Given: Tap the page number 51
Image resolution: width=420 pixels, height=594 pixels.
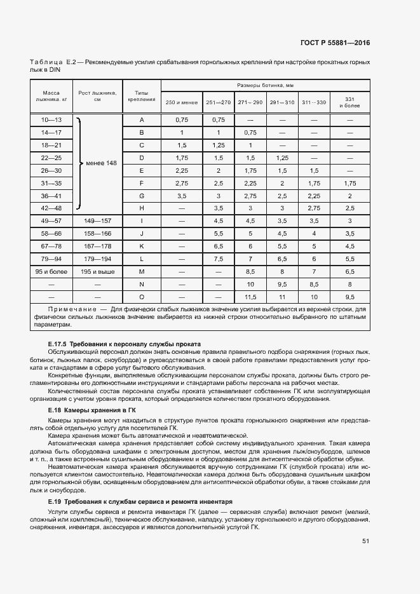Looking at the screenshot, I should (x=365, y=541).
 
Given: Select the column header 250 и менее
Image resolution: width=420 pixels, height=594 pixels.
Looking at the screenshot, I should (x=182, y=102).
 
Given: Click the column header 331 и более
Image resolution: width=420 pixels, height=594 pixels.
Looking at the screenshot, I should (x=349, y=102).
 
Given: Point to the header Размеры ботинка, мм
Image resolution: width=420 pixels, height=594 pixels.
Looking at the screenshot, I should (x=265, y=85).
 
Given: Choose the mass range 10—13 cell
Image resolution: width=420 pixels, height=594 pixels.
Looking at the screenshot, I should (x=51, y=120).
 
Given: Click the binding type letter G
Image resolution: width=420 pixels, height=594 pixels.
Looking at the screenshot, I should (x=142, y=196).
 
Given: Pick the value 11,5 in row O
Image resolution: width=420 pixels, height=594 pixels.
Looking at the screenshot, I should (x=250, y=297).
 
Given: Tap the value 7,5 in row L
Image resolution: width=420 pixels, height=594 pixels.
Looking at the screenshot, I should (x=219, y=259).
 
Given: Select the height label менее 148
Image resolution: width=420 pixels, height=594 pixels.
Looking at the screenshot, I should (x=102, y=163).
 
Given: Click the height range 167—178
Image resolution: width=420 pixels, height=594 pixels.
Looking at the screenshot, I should (x=97, y=246).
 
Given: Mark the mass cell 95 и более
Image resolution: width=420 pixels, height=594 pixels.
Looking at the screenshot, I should (x=51, y=271).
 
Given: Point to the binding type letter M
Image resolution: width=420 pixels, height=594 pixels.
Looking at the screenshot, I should (x=142, y=271).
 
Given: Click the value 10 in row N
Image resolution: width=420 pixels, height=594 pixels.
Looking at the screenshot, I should (x=250, y=284).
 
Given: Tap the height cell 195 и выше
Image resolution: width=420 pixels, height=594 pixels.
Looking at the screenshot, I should (x=97, y=271).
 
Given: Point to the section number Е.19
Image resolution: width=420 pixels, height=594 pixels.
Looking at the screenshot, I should (x=56, y=501).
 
